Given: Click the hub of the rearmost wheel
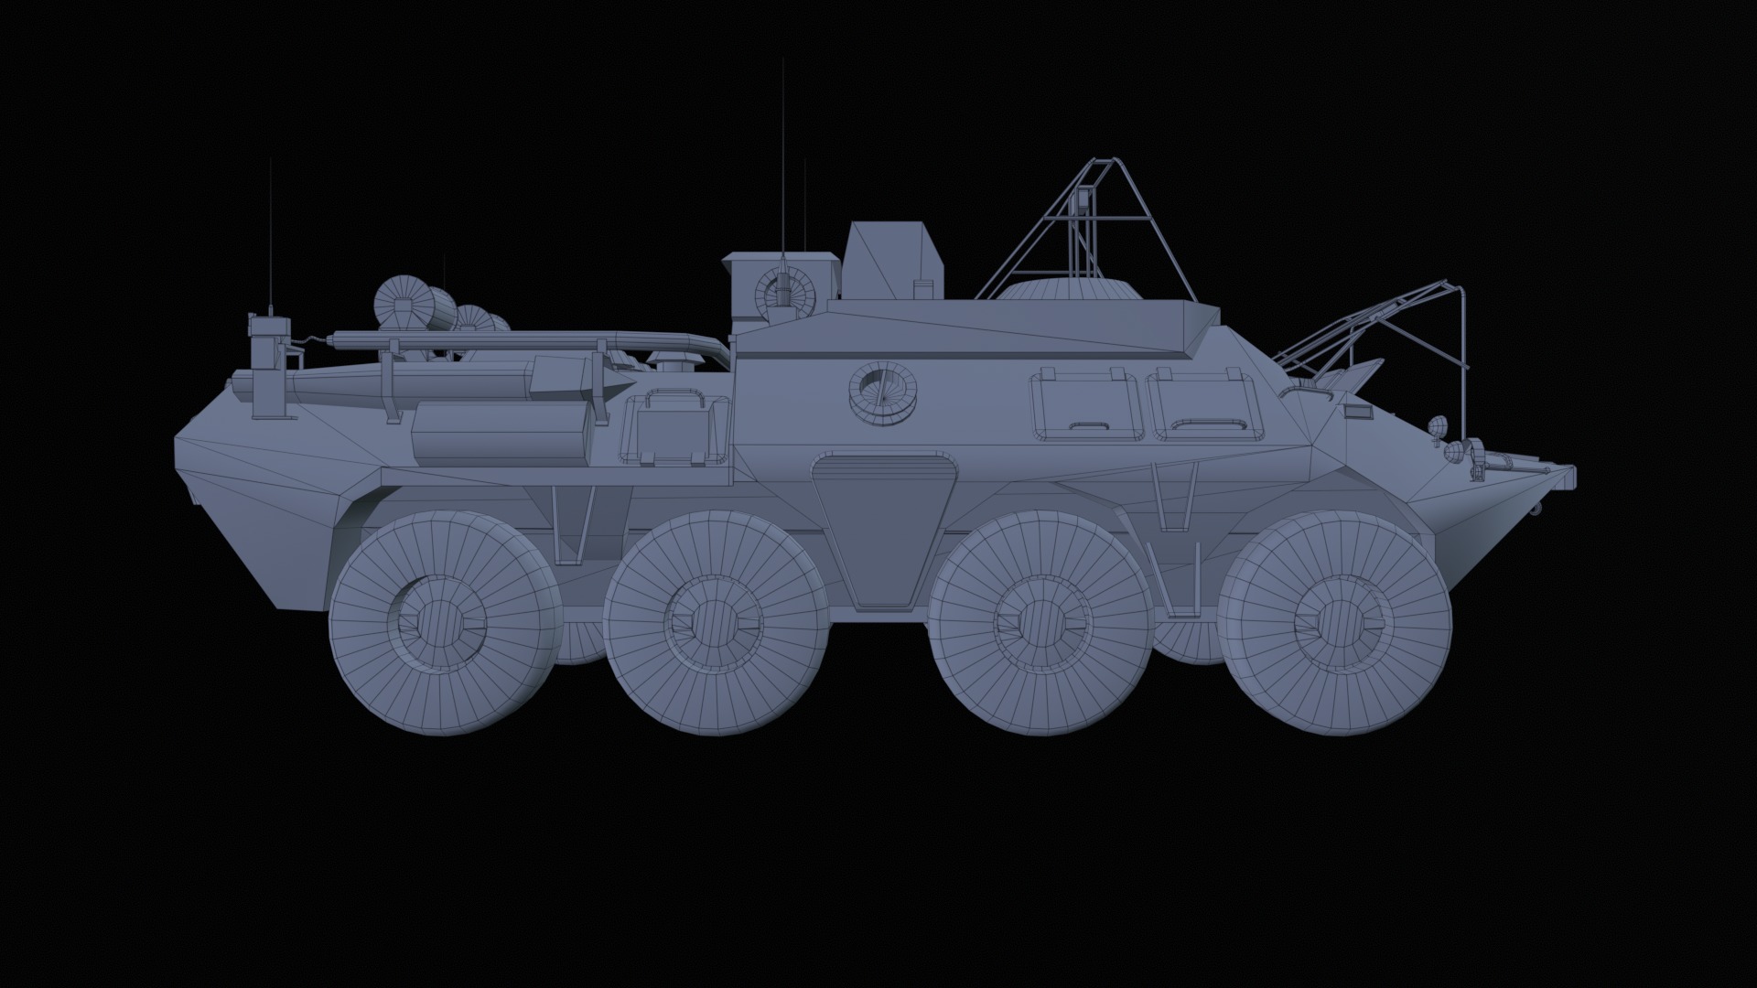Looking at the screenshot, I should (446, 622).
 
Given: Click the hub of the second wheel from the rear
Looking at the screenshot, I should (717, 622).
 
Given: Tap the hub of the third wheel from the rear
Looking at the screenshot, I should (1040, 622).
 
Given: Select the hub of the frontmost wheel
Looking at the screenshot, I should (1338, 622).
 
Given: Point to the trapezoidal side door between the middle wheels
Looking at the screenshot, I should (881, 531).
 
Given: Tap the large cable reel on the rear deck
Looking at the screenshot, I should (403, 302).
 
